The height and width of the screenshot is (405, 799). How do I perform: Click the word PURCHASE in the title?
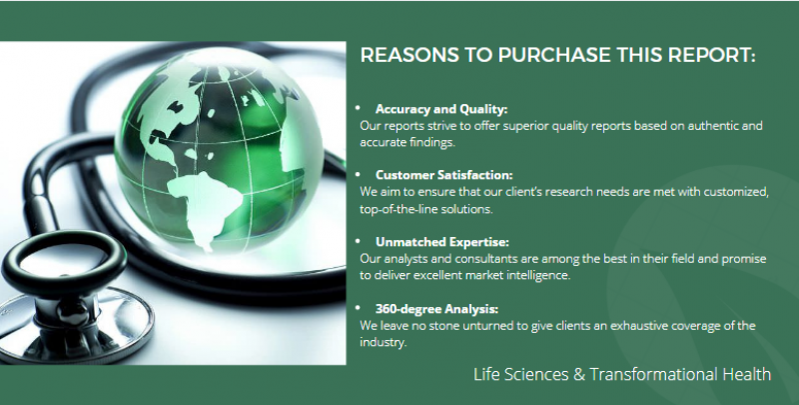(x=554, y=55)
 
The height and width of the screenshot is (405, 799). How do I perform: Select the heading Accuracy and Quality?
(x=441, y=109)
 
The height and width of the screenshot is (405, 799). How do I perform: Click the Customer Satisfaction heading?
(x=443, y=175)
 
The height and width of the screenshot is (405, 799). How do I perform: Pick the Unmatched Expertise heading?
(x=441, y=242)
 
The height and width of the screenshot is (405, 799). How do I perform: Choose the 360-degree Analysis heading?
(x=436, y=309)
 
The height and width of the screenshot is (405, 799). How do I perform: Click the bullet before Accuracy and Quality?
(x=358, y=108)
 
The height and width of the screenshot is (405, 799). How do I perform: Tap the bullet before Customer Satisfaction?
(x=358, y=174)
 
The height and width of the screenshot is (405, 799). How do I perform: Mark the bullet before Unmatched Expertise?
(x=358, y=240)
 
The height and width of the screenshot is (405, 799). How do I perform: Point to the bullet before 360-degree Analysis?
(x=358, y=307)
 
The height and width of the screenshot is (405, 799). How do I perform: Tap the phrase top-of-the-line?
(x=397, y=209)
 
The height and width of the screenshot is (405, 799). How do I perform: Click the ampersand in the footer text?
(x=579, y=374)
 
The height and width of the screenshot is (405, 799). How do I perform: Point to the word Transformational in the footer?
(x=654, y=374)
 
